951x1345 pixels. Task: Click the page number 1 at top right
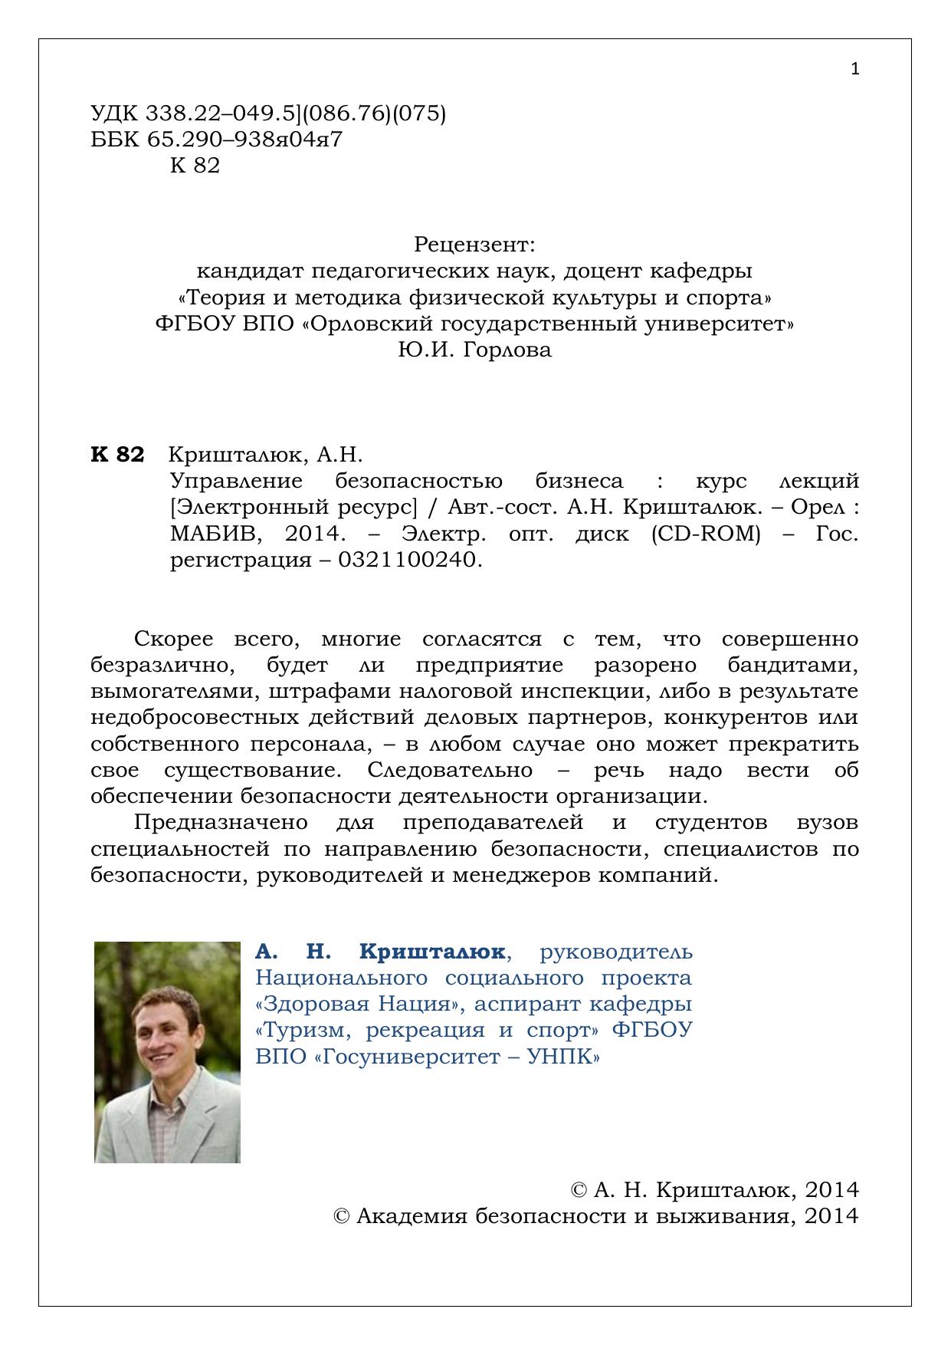pyautogui.click(x=855, y=70)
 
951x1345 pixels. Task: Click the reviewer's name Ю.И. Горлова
pyautogui.click(x=474, y=350)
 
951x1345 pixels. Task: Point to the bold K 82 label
pyautogui.click(x=117, y=455)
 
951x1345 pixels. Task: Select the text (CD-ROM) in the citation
pyautogui.click(x=706, y=534)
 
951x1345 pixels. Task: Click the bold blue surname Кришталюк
pyautogui.click(x=431, y=952)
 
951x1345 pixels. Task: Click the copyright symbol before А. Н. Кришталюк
pyautogui.click(x=579, y=1190)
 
